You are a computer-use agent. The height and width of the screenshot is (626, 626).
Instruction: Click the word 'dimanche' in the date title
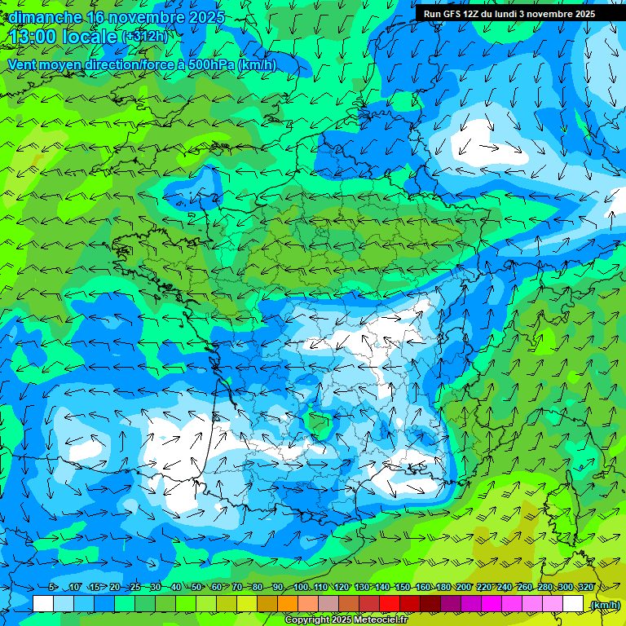click(41, 17)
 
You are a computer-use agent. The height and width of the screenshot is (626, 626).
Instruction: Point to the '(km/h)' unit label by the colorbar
click(604, 605)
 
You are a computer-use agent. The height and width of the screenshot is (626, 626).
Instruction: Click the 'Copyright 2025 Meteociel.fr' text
click(346, 620)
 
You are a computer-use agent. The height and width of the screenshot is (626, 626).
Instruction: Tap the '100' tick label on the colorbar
click(300, 588)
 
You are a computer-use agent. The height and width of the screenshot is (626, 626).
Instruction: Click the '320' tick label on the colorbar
click(585, 588)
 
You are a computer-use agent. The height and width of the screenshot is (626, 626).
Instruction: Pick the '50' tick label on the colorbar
click(196, 588)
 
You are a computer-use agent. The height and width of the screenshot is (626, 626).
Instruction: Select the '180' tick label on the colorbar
click(443, 588)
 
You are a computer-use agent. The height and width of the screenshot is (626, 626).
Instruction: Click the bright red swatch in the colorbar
click(390, 604)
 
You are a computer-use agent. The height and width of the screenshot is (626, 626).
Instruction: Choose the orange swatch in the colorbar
click(288, 604)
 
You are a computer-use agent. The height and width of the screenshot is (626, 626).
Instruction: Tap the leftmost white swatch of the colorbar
click(43, 604)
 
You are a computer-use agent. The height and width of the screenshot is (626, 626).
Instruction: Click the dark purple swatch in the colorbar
click(451, 604)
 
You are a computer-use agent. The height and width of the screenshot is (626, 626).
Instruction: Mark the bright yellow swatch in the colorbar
click(247, 604)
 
